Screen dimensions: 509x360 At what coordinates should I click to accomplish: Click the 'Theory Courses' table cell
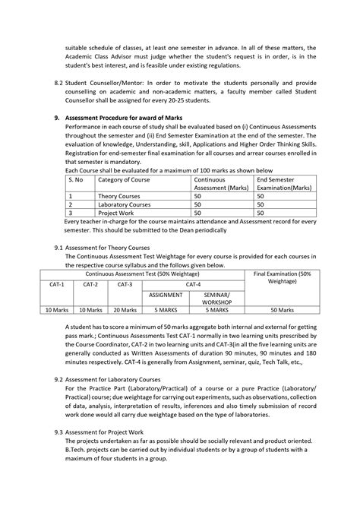[118, 196]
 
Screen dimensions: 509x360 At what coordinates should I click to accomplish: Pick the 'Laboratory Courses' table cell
[123, 204]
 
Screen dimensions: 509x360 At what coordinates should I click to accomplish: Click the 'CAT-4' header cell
[193, 284]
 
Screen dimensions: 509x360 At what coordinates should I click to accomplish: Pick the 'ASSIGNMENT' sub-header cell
[166, 294]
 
